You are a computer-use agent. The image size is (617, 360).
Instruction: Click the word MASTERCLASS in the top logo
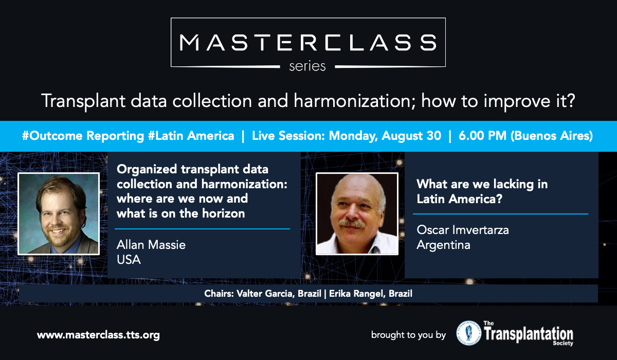(x=308, y=42)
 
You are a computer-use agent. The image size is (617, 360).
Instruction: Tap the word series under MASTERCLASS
(x=307, y=66)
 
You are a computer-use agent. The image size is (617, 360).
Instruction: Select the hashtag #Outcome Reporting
(x=83, y=136)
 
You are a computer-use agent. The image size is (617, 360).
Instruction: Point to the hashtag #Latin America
(x=191, y=136)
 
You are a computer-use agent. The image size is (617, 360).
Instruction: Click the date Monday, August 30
(x=385, y=136)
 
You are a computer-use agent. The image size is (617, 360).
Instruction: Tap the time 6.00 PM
(x=483, y=136)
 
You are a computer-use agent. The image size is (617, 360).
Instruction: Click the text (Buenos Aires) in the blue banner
(x=552, y=136)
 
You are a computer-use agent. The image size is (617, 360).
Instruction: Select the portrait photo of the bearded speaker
(x=59, y=214)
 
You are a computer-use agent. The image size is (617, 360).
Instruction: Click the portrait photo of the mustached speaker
(x=357, y=214)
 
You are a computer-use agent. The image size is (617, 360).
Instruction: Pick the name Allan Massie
(x=151, y=245)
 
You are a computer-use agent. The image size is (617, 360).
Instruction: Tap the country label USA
(x=129, y=260)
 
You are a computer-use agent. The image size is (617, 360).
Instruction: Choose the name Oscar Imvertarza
(x=462, y=230)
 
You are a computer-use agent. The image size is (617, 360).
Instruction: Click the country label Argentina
(x=443, y=245)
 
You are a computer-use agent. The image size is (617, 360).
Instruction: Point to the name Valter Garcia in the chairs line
(x=265, y=294)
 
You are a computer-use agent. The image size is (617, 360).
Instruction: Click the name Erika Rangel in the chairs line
(x=356, y=294)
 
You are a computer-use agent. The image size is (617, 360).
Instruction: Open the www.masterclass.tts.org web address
(x=98, y=335)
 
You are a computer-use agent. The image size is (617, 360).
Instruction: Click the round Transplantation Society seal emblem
(x=469, y=333)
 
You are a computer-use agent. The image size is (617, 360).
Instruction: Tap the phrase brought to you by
(x=408, y=335)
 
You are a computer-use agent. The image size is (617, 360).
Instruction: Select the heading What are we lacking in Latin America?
(x=482, y=191)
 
